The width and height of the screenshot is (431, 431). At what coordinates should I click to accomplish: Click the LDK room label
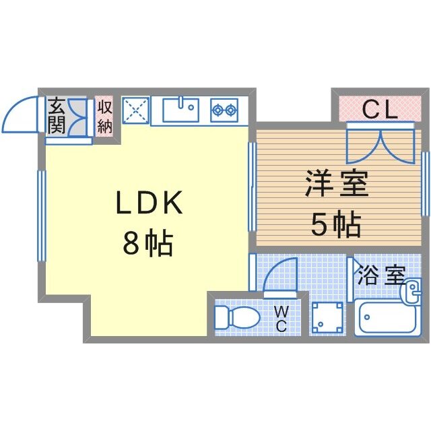pos(150,204)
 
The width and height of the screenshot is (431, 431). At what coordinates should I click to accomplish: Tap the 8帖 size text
pos(147,244)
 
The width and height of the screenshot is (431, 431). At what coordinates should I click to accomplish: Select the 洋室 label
pos(337,185)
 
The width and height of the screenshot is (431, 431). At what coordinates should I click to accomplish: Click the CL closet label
pos(380,108)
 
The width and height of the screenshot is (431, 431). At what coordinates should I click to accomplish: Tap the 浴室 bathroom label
pos(380,275)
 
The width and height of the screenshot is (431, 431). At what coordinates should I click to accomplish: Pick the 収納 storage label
pos(105,115)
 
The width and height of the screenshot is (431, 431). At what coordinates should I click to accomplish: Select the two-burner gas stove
pos(224,109)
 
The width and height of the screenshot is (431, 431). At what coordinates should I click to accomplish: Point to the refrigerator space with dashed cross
pos(135,110)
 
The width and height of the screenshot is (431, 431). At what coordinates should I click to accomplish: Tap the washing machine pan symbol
pos(328,317)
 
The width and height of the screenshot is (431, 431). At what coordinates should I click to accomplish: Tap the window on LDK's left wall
pos(41,215)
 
